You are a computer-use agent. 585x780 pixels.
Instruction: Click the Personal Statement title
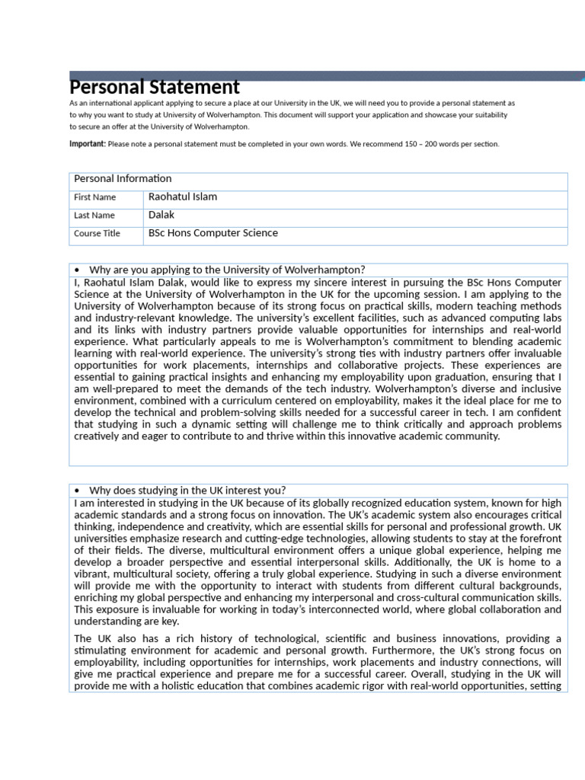pyautogui.click(x=155, y=88)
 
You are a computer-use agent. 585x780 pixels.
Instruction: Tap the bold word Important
pyautogui.click(x=87, y=143)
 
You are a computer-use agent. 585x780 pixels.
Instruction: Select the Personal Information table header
pyautogui.click(x=123, y=179)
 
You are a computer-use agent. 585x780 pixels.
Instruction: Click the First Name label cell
pyautogui.click(x=94, y=197)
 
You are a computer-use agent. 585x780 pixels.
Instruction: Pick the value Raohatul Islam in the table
pyautogui.click(x=183, y=197)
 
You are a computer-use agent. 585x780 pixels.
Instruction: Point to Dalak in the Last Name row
pyautogui.click(x=161, y=215)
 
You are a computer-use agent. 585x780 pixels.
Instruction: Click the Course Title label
pyautogui.click(x=97, y=234)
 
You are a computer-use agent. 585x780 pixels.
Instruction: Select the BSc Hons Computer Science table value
pyautogui.click(x=213, y=233)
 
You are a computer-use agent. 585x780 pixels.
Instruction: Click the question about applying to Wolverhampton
pyautogui.click(x=227, y=270)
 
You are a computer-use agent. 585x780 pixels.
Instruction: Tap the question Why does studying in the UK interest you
pyautogui.click(x=187, y=490)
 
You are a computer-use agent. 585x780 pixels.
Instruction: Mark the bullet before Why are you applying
pyautogui.click(x=78, y=270)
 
